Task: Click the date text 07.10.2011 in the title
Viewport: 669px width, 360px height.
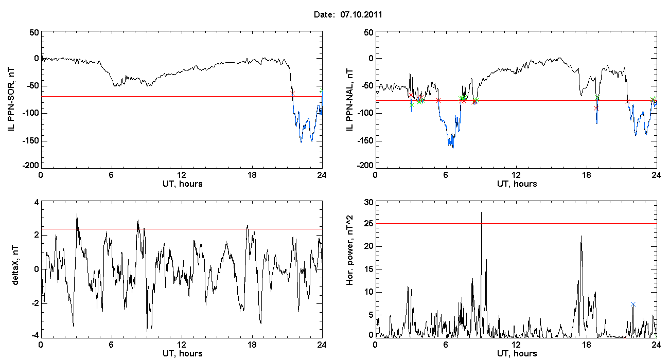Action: (361, 14)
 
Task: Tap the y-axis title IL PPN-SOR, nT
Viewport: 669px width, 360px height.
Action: (11, 100)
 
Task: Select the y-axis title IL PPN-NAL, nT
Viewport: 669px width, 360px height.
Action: (349, 100)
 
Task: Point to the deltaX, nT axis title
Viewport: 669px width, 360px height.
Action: (15, 265)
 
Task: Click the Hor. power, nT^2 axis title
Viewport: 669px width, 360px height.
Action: (349, 250)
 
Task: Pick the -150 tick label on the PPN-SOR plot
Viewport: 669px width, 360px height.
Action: (31, 141)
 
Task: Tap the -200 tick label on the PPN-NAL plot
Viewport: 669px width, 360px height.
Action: (365, 166)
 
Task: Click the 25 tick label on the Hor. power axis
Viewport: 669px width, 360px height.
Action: (369, 224)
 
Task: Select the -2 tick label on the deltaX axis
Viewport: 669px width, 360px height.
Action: (35, 303)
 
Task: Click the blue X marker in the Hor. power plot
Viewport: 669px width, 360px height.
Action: (633, 304)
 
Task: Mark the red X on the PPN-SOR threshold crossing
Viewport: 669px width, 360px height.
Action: (292, 94)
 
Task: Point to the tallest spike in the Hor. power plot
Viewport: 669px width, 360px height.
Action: (482, 212)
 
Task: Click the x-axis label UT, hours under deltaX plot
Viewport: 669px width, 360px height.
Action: (183, 354)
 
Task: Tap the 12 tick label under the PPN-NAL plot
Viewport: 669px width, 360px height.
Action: (516, 175)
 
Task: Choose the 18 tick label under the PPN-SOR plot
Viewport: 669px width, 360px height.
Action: (252, 175)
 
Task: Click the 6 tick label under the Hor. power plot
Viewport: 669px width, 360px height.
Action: (446, 345)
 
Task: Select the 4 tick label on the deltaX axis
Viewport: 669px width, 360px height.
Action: (37, 203)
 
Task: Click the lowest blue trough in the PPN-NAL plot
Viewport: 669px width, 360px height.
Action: (453, 148)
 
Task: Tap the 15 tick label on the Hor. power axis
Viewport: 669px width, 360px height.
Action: (369, 269)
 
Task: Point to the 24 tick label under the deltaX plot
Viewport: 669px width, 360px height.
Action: (322, 345)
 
